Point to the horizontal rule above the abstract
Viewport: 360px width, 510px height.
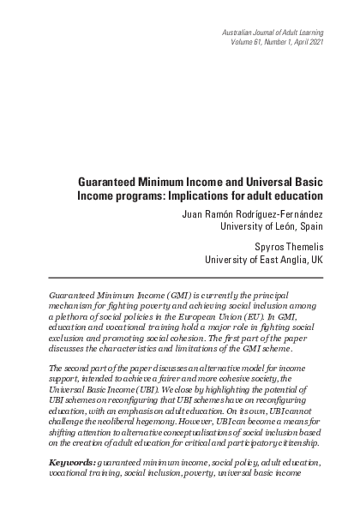[180, 277]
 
